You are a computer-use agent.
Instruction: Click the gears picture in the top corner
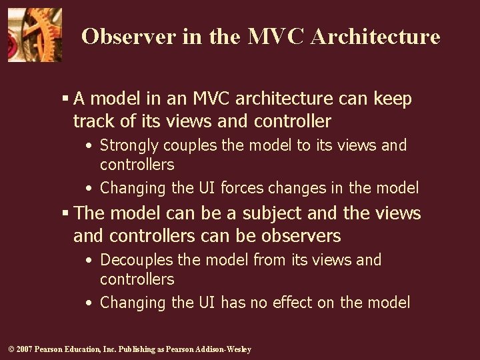pyautogui.click(x=35, y=35)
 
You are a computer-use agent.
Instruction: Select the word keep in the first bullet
pyautogui.click(x=393, y=99)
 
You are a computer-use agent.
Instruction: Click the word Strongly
pyautogui.click(x=131, y=145)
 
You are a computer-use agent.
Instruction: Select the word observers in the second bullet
pyautogui.click(x=301, y=236)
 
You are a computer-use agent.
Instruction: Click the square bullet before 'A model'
pyautogui.click(x=65, y=99)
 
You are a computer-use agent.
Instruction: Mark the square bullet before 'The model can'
pyautogui.click(x=65, y=213)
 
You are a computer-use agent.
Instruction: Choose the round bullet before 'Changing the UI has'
pyautogui.click(x=89, y=303)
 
